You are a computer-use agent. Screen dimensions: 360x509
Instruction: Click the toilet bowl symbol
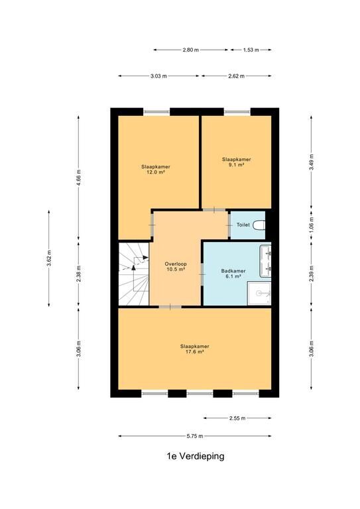pyautogui.click(x=259, y=225)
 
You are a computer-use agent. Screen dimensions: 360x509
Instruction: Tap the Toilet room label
pyautogui.click(x=243, y=225)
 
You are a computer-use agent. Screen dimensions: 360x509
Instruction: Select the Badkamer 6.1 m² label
pyautogui.click(x=233, y=274)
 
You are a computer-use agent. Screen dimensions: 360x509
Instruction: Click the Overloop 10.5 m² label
pyautogui.click(x=176, y=266)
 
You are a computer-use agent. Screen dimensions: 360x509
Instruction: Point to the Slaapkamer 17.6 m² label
pyautogui.click(x=194, y=349)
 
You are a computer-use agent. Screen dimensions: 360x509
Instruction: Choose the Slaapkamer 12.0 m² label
pyautogui.click(x=156, y=170)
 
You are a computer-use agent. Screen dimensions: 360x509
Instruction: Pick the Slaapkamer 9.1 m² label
pyautogui.click(x=236, y=162)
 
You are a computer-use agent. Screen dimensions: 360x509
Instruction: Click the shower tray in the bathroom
pyautogui.click(x=259, y=294)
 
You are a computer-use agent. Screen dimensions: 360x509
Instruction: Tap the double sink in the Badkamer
pyautogui.click(x=266, y=261)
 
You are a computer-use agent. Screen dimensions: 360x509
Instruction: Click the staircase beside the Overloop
pyautogui.click(x=134, y=274)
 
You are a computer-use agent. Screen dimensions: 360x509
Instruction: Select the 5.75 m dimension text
pyautogui.click(x=195, y=436)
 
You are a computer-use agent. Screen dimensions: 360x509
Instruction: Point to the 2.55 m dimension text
pyautogui.click(x=237, y=418)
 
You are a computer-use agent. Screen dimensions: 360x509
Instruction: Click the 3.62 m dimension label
pyautogui.click(x=49, y=258)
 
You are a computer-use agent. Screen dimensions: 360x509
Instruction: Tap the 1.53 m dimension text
pyautogui.click(x=251, y=50)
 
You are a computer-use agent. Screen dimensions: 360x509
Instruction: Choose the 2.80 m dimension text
pyautogui.click(x=190, y=50)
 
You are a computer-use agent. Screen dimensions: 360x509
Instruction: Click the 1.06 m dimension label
pyautogui.click(x=312, y=225)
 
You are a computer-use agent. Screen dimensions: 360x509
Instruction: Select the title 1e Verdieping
pyautogui.click(x=196, y=456)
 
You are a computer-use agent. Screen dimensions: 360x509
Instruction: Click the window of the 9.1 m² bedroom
pyautogui.click(x=237, y=112)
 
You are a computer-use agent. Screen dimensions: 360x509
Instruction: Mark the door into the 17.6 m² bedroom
pyautogui.click(x=170, y=307)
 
